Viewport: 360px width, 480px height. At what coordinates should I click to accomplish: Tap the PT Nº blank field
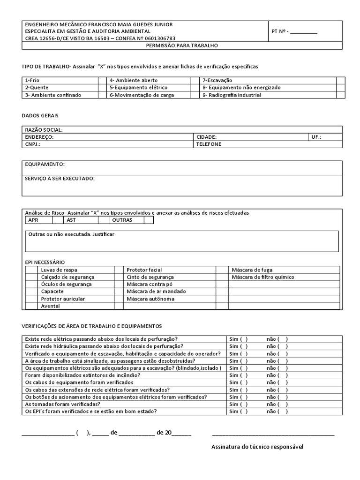click(x=303, y=32)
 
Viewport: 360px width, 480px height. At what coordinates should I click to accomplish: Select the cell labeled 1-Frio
click(x=33, y=80)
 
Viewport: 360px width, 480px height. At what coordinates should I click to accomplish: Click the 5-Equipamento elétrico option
click(x=138, y=87)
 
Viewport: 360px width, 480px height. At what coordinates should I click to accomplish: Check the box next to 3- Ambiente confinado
click(x=103, y=95)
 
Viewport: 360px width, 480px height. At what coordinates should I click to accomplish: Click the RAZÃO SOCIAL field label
click(x=44, y=130)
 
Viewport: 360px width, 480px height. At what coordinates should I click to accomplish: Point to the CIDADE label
click(x=206, y=137)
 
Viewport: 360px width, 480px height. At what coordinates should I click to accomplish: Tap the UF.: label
click(x=316, y=137)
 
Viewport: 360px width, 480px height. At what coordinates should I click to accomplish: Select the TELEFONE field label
click(x=209, y=144)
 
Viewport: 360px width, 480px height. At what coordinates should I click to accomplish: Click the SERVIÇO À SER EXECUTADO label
click(x=60, y=179)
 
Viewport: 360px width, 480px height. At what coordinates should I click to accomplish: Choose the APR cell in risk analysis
click(x=33, y=220)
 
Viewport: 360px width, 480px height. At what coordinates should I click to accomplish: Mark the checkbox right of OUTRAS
click(x=148, y=220)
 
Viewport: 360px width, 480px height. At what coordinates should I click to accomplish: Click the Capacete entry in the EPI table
click(x=52, y=292)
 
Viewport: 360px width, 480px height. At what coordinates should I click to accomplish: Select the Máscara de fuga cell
click(x=252, y=270)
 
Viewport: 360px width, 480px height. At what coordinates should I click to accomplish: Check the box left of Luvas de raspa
click(x=31, y=270)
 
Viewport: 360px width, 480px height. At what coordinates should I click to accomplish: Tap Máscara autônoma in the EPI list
click(x=150, y=299)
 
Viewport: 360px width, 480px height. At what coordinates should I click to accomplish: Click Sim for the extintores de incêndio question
click(x=238, y=375)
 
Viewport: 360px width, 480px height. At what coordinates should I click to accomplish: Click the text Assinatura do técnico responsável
click(x=257, y=447)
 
